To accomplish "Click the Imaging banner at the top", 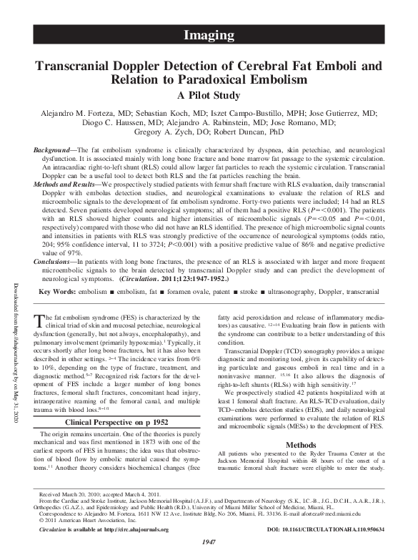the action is [x=209, y=34].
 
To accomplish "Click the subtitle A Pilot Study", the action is [x=209, y=95].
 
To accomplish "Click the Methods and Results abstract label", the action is [x=67, y=184].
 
